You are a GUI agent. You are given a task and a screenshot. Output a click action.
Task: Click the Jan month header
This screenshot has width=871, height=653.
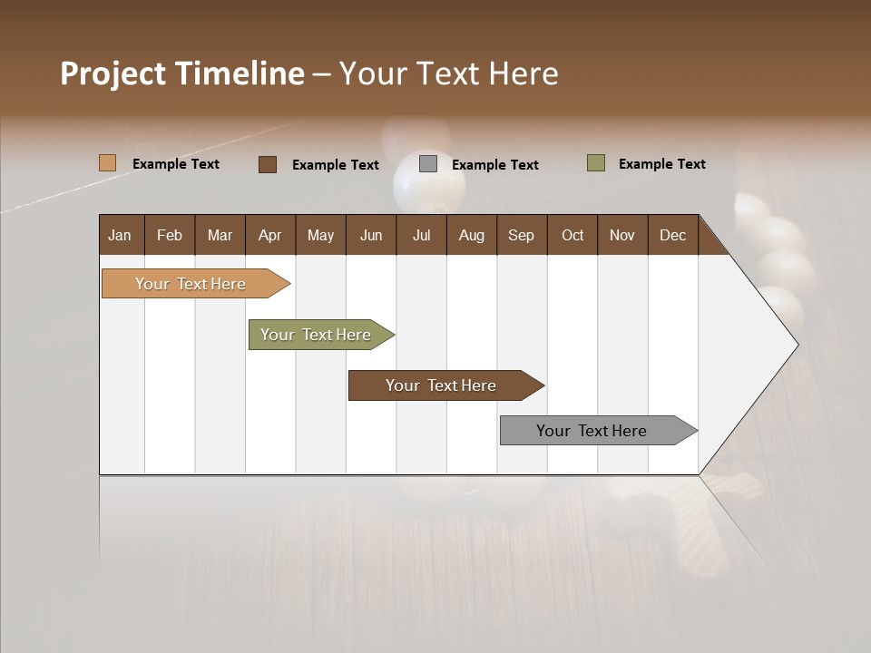(120, 235)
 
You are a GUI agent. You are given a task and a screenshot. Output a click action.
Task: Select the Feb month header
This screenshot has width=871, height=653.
(170, 235)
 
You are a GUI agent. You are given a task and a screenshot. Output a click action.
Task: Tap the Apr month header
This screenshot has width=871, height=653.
(269, 235)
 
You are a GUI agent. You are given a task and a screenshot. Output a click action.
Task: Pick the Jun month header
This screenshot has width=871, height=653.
(371, 235)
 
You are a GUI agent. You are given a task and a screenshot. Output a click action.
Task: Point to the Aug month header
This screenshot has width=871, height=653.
(471, 235)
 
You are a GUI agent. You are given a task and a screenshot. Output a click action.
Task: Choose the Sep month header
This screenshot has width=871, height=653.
(521, 235)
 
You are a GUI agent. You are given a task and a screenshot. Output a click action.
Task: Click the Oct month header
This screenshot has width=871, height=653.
(573, 235)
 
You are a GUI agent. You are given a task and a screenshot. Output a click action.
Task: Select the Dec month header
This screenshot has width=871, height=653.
(672, 235)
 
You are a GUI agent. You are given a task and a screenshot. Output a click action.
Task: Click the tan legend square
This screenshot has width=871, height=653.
(107, 163)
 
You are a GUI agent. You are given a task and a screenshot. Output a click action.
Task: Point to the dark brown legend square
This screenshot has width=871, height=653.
(268, 164)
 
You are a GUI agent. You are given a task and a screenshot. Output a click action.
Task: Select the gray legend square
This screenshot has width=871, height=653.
(428, 164)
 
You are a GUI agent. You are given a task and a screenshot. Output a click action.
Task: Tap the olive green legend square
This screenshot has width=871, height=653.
(595, 163)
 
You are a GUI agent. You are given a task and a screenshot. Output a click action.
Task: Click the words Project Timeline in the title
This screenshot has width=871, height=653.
(182, 73)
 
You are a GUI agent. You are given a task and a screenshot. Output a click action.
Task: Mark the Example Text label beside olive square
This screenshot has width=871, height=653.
(661, 164)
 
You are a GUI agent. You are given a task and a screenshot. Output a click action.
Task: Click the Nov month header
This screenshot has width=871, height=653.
(621, 235)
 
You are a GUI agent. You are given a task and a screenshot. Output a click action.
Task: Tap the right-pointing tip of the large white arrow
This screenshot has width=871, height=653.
(795, 345)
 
